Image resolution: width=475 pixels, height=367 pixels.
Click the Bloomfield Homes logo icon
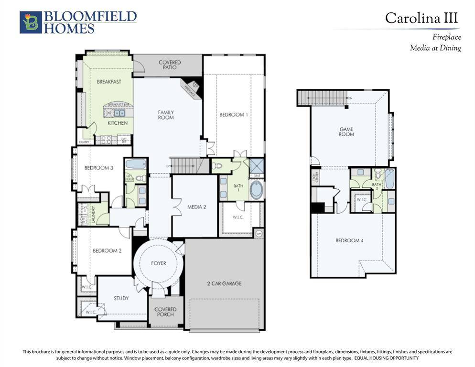click(x=31, y=22)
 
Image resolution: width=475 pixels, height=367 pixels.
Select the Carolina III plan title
click(x=421, y=18)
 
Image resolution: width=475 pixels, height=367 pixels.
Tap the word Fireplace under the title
click(x=446, y=37)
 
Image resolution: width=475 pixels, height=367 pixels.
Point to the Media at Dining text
click(x=435, y=48)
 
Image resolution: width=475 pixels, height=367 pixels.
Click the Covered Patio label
click(x=170, y=65)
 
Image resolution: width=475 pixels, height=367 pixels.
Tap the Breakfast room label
click(x=109, y=82)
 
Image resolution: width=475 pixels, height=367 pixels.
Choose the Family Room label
click(x=166, y=115)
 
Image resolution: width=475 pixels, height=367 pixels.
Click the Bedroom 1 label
click(x=234, y=115)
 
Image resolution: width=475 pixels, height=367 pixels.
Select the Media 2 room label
click(x=196, y=207)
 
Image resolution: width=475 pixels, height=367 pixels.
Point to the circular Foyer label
click(x=158, y=263)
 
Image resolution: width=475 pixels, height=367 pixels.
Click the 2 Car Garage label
click(x=224, y=283)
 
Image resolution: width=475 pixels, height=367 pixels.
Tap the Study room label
click(x=121, y=298)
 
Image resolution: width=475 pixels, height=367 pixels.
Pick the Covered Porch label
click(x=165, y=312)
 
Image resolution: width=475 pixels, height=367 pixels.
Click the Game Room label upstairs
click(x=346, y=131)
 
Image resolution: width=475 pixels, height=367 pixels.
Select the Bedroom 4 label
click(x=349, y=240)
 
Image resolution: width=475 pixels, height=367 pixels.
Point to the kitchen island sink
click(x=119, y=113)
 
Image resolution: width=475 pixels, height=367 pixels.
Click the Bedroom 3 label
click(x=98, y=168)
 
